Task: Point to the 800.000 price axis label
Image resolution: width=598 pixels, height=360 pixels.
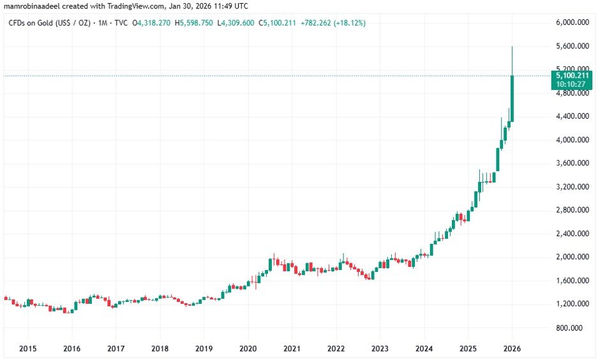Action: [570, 327]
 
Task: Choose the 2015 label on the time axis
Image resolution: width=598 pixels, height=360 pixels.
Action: [28, 349]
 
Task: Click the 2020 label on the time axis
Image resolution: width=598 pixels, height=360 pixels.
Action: [248, 349]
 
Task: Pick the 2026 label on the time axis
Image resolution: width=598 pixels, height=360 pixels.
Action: [512, 349]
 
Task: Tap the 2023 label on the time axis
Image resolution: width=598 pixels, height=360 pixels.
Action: [380, 349]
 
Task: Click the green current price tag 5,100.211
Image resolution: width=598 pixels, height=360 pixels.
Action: [567, 75]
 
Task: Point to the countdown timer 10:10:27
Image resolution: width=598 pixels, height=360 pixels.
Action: [567, 84]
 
